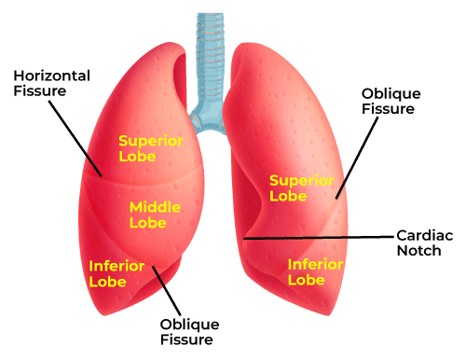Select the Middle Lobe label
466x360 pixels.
154,215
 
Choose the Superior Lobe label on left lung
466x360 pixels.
150,147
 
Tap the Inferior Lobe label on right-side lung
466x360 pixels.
316,271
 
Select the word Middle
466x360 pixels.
154,206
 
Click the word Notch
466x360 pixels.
418,254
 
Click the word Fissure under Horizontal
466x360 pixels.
40,90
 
